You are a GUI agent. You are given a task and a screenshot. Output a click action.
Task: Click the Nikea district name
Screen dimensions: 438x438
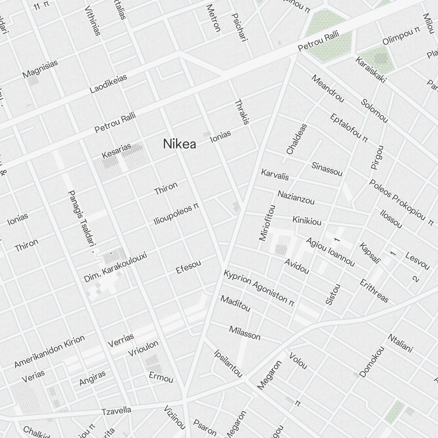[180, 144]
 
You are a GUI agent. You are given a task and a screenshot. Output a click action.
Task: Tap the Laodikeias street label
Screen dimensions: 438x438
[108, 83]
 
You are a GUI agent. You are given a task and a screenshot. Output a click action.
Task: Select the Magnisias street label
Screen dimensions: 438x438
[40, 69]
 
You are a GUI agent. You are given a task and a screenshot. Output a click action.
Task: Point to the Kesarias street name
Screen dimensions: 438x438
[117, 151]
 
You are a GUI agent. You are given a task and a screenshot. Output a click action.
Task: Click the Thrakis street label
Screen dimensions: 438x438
[242, 112]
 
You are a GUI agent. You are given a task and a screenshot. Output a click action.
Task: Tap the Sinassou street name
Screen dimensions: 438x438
[327, 169]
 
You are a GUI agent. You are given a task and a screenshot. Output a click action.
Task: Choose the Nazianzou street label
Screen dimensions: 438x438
[296, 197]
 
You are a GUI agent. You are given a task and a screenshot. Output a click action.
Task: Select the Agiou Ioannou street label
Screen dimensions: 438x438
[330, 252]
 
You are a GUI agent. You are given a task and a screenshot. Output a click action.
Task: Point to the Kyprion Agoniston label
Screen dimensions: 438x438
[258, 287]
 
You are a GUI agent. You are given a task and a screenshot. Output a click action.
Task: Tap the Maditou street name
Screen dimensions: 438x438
[236, 304]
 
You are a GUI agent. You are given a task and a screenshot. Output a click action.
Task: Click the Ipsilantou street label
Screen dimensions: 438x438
[228, 363]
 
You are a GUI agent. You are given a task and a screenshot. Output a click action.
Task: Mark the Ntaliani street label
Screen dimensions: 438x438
[400, 343]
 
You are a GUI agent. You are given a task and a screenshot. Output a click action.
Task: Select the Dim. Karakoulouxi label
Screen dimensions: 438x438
[115, 267]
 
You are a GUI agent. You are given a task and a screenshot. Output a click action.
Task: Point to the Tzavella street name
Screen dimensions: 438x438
[117, 411]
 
